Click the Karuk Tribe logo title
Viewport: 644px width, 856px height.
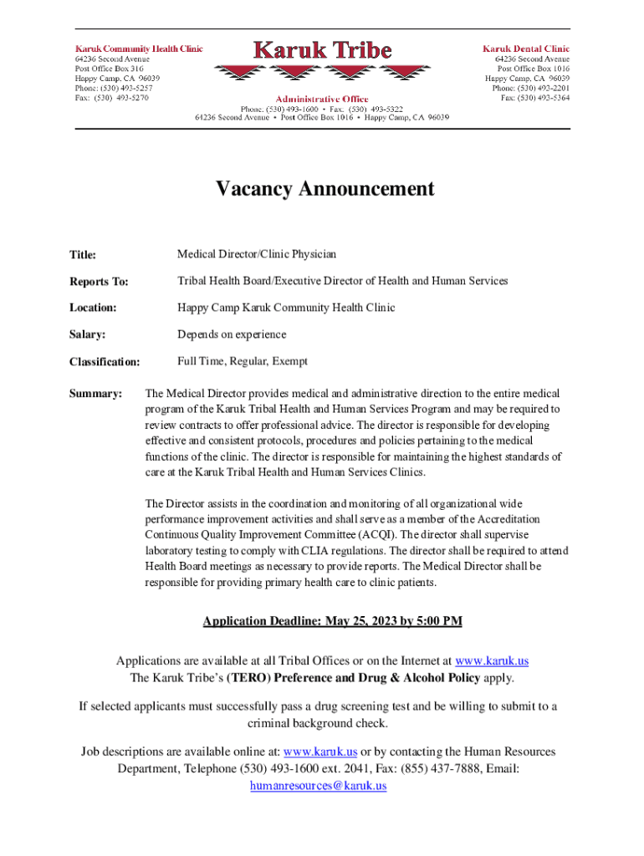coord(322,50)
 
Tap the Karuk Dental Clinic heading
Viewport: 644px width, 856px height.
coord(526,48)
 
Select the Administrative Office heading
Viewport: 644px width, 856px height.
coord(322,99)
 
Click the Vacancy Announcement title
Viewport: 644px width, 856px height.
coord(325,189)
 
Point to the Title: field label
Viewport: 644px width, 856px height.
coord(83,255)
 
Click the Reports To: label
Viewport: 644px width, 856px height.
coord(99,282)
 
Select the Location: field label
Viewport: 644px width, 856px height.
coord(92,308)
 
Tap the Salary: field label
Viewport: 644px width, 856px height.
coord(87,335)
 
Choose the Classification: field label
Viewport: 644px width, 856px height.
coord(105,362)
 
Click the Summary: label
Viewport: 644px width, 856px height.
coord(96,393)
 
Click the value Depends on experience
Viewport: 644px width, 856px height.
coord(232,334)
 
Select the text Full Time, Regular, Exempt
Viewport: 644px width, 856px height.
coord(243,361)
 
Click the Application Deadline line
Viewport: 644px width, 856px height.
coord(332,622)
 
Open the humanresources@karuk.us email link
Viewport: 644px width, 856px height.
coord(319,786)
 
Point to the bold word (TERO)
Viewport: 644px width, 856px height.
coord(248,678)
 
